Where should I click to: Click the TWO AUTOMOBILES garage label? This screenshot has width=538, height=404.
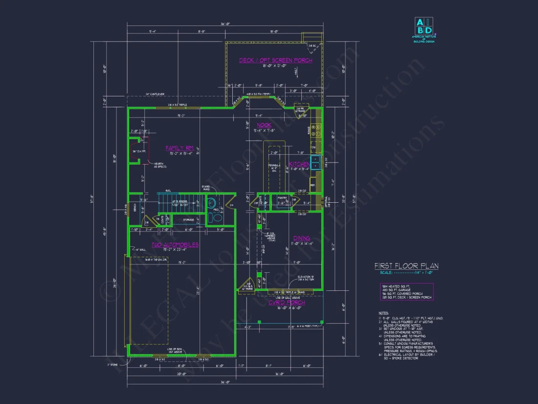point(175,244)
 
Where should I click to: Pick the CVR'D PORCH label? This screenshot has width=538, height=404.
point(287,303)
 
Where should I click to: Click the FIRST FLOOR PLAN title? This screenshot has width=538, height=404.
point(406,266)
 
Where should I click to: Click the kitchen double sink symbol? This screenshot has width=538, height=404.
point(315,162)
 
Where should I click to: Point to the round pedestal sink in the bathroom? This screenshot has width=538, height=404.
point(211,204)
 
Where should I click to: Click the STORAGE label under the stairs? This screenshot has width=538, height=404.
point(189,220)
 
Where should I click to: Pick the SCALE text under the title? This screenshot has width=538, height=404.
point(383,272)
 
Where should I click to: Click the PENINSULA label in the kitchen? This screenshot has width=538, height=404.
point(274,165)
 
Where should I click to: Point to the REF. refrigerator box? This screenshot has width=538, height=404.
point(313,185)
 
